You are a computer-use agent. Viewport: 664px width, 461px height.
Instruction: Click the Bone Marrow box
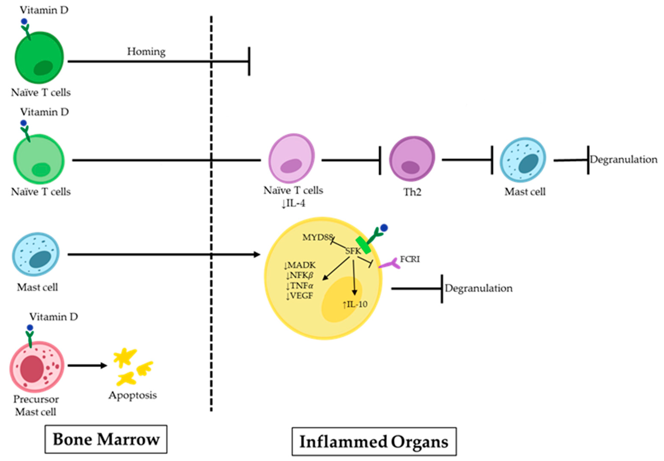[106, 439]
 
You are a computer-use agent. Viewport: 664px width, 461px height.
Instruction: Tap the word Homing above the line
[146, 52]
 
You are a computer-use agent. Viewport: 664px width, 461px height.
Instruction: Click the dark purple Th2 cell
[412, 159]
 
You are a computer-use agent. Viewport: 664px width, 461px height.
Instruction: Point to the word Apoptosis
[133, 395]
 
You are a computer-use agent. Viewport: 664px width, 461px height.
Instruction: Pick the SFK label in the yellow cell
[353, 251]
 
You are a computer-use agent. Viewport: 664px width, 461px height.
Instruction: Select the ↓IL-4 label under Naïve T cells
[293, 204]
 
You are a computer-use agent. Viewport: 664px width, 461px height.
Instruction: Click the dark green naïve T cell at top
[39, 58]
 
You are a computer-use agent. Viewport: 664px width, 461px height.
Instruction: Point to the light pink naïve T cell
[291, 158]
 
